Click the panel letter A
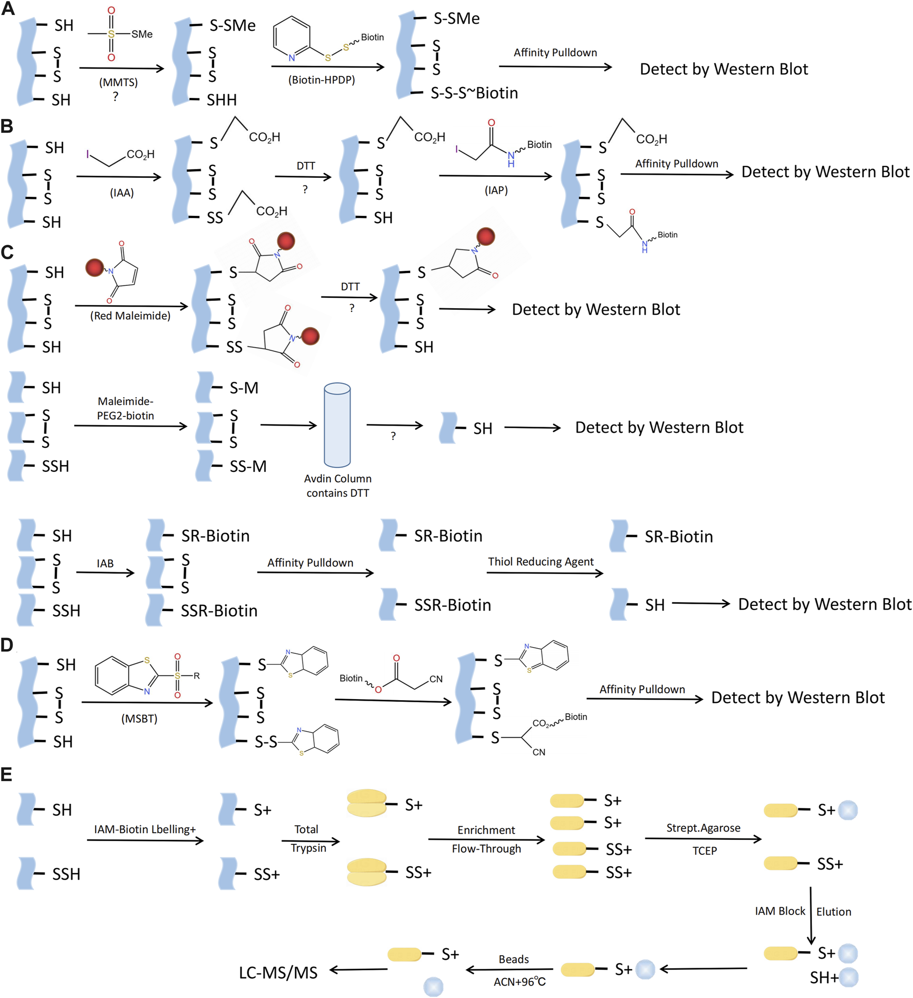8,9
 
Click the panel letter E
7,774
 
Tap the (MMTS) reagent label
119,82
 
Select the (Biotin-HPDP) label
322,80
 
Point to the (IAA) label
122,193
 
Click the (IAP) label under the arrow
496,191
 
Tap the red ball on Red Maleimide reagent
95,267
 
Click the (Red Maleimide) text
130,316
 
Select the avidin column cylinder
337,425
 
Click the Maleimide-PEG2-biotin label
126,408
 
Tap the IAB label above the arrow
105,564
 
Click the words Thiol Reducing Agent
540,562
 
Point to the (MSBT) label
139,718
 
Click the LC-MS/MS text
278,973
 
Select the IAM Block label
780,911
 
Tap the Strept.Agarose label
703,828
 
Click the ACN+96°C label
519,982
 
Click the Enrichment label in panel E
486,830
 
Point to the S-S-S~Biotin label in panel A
474,93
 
